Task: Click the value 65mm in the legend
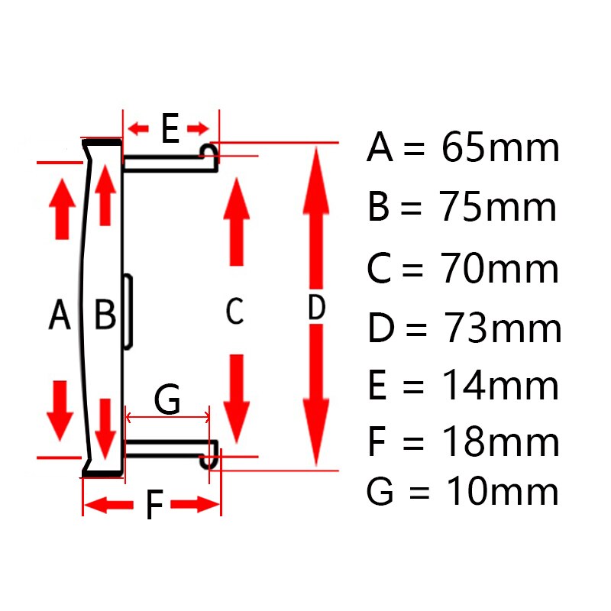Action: (500, 147)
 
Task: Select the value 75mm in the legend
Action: (498, 206)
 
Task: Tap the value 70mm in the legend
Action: (499, 267)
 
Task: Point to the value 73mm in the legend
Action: (502, 328)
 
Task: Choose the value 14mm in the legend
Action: (500, 385)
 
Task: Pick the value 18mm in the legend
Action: (501, 441)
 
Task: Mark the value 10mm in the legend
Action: (502, 491)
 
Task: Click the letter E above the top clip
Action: (170, 128)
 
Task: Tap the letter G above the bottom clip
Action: (167, 398)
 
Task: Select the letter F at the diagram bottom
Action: (154, 505)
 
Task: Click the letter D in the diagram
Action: (316, 308)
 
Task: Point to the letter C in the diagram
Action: (234, 311)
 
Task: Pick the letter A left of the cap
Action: (60, 314)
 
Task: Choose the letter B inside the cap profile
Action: (105, 314)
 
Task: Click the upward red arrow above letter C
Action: (237, 221)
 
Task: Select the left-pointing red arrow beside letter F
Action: (108, 505)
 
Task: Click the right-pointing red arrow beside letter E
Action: (198, 128)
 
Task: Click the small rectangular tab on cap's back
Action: (128, 311)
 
